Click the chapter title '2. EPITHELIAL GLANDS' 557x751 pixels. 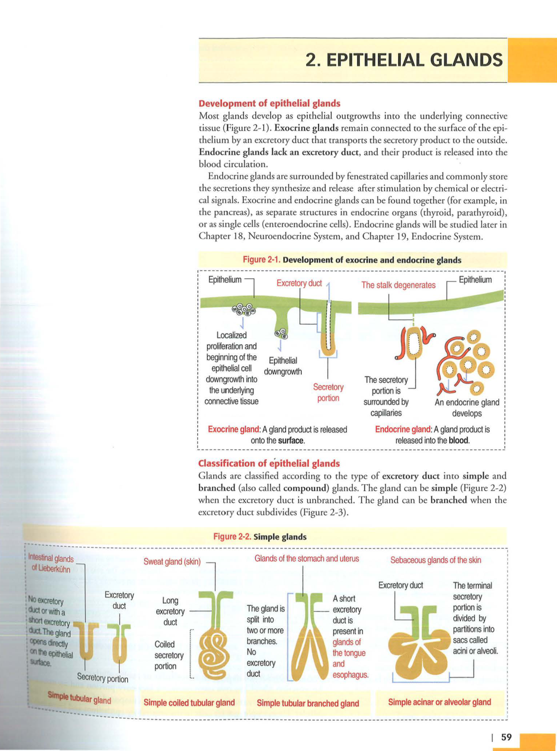(x=404, y=60)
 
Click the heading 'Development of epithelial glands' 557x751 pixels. (x=269, y=103)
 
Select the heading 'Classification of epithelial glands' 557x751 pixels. (x=269, y=463)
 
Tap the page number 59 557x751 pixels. (x=506, y=737)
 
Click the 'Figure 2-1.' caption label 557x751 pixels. (x=262, y=260)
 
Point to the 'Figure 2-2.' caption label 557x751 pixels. (x=232, y=537)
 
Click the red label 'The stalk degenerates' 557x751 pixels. (x=398, y=285)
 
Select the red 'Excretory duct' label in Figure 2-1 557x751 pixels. (x=299, y=283)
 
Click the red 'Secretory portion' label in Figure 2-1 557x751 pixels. (x=328, y=392)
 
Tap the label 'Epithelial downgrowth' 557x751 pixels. (x=283, y=366)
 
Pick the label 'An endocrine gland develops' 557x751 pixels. (x=467, y=407)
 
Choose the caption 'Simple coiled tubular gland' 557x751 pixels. (x=189, y=702)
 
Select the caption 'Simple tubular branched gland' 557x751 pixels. (x=308, y=703)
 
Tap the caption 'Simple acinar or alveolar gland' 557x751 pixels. (x=439, y=702)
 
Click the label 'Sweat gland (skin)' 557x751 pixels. (x=172, y=561)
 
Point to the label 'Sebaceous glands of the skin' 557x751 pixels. (x=435, y=560)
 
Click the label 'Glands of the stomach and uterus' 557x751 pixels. (x=307, y=558)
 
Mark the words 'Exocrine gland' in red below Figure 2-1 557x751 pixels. (x=234, y=429)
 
